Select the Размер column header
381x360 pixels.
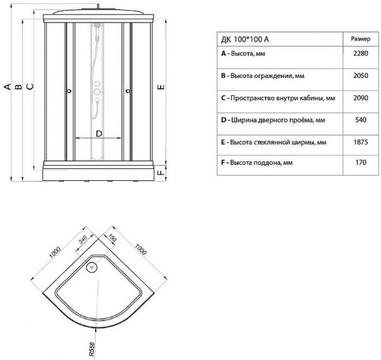(x=359, y=39)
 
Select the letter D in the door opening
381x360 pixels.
(x=99, y=133)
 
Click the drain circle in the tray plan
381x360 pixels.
(x=92, y=267)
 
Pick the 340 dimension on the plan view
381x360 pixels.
(x=82, y=240)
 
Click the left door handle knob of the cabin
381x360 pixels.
(x=69, y=91)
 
